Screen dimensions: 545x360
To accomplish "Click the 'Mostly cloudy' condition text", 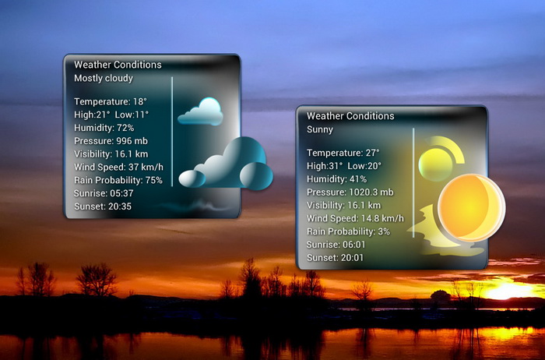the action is pyautogui.click(x=104, y=79).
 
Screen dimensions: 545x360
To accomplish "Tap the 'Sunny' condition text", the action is pyautogui.click(x=320, y=129).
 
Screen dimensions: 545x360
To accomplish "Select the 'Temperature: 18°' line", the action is pyautogui.click(x=111, y=101).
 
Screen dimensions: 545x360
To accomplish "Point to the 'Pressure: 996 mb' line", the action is pyautogui.click(x=111, y=141).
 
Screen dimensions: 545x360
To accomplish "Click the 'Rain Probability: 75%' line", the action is pyautogui.click(x=118, y=180).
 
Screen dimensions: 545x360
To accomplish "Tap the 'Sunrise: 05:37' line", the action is pyautogui.click(x=104, y=193).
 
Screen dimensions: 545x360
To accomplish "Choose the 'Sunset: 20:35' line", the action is pyautogui.click(x=103, y=206).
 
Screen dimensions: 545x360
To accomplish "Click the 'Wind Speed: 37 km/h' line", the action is pyautogui.click(x=118, y=168).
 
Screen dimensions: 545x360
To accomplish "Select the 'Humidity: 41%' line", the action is pyautogui.click(x=336, y=179).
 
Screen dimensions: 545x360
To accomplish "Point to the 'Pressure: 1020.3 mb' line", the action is pyautogui.click(x=350, y=192).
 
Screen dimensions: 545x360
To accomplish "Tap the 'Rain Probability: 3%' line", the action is pyautogui.click(x=348, y=231).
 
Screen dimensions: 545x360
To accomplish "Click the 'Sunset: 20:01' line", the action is pyautogui.click(x=335, y=258).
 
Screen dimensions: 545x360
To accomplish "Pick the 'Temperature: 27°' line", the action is pyautogui.click(x=343, y=153).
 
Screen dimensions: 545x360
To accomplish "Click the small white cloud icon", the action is pyautogui.click(x=201, y=112).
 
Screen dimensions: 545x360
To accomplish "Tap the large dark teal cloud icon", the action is pyautogui.click(x=226, y=164).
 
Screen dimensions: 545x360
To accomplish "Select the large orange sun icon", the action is pyautogui.click(x=471, y=208).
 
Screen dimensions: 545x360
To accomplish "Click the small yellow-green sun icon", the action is pyautogui.click(x=435, y=164).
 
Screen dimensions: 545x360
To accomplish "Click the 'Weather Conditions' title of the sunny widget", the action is pyautogui.click(x=350, y=116).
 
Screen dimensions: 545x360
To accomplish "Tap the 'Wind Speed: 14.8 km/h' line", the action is pyautogui.click(x=355, y=218).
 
